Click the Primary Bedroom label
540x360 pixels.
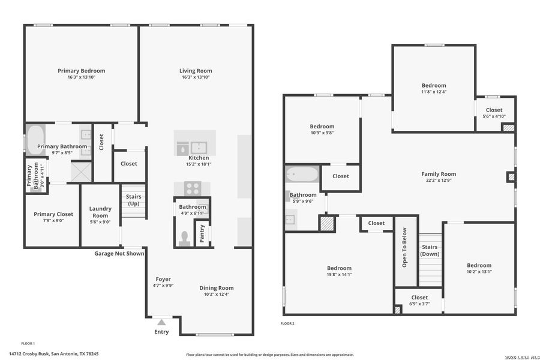81,71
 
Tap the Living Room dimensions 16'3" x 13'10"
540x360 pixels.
196,77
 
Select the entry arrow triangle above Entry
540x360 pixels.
161,323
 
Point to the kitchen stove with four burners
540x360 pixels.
193,188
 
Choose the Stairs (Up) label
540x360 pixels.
133,200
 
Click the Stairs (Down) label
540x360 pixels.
430,250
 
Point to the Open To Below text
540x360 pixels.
405,247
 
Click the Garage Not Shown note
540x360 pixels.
119,253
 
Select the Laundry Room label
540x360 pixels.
100,212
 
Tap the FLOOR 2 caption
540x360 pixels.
287,323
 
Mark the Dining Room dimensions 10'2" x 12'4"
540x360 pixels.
216,294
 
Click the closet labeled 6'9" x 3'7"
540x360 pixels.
419,301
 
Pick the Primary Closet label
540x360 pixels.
53,214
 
